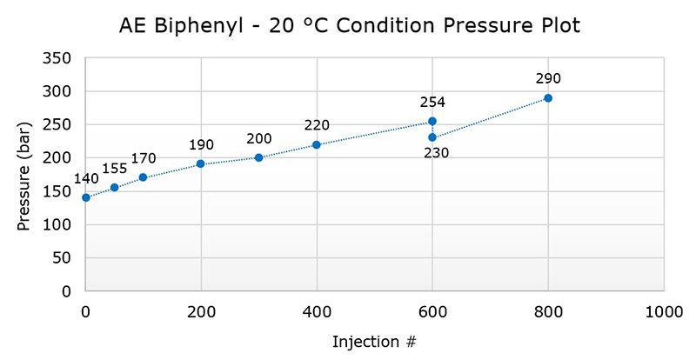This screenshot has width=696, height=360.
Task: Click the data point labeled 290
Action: pyautogui.click(x=548, y=98)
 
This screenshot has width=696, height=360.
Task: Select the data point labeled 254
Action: pyautogui.click(x=432, y=122)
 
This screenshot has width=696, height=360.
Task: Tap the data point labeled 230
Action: pyautogui.click(x=432, y=137)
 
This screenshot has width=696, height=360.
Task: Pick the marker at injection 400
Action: pyautogui.click(x=317, y=144)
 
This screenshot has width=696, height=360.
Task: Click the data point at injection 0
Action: pyautogui.click(x=85, y=197)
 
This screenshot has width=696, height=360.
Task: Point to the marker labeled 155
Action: pyautogui.click(x=114, y=188)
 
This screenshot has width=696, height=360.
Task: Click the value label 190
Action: pyautogui.click(x=201, y=145)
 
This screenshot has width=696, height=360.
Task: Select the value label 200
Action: pyautogui.click(x=259, y=139)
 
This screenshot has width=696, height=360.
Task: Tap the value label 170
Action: pyautogui.click(x=144, y=158)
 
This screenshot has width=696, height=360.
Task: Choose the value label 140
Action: pyautogui.click(x=86, y=179)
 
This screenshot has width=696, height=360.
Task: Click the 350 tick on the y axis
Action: pyautogui.click(x=62, y=58)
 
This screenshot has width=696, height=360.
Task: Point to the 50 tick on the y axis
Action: pyautogui.click(x=65, y=258)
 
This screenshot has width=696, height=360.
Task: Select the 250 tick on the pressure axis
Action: pyautogui.click(x=62, y=125)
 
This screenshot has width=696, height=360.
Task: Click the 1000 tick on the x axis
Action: pyautogui.click(x=664, y=311)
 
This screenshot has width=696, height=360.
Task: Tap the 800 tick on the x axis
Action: pyautogui.click(x=548, y=311)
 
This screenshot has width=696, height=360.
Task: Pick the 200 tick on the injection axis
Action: pyautogui.click(x=201, y=311)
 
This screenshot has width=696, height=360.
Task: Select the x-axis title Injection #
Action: pyautogui.click(x=375, y=341)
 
